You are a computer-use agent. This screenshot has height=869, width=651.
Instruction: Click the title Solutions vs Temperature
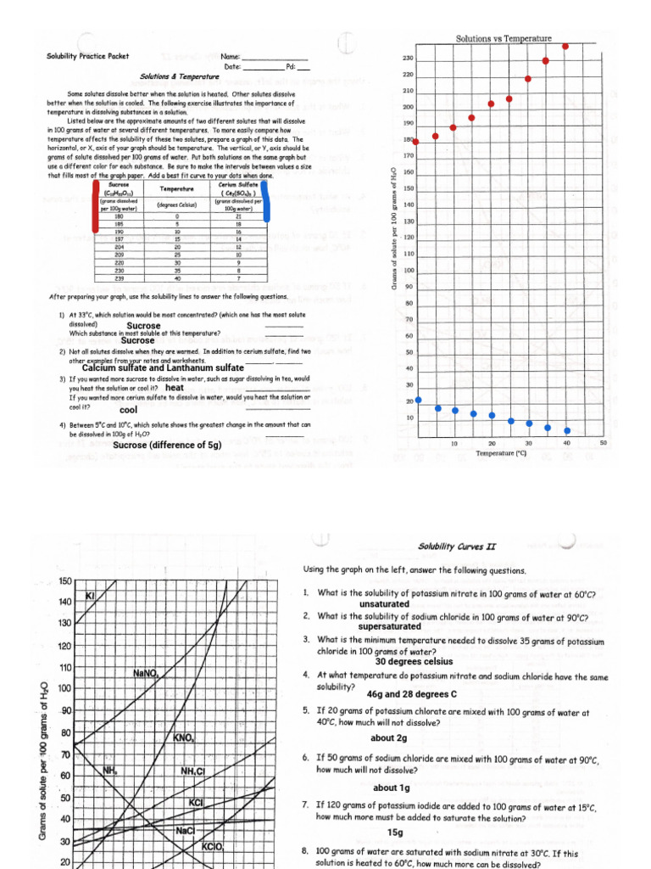[x=504, y=39]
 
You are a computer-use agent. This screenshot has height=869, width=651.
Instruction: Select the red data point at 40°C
[x=565, y=46]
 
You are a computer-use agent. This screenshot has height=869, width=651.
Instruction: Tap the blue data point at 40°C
[x=566, y=429]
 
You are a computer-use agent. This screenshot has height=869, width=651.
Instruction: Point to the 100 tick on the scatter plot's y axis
[x=409, y=271]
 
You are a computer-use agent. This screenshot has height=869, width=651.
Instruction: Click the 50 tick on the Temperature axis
[x=603, y=443]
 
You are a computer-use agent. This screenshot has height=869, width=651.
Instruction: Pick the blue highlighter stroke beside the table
[x=265, y=203]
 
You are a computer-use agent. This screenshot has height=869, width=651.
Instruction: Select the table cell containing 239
[x=119, y=278]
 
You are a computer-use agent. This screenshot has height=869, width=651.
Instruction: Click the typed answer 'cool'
[x=129, y=410]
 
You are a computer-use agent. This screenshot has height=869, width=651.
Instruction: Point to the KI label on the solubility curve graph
[x=90, y=597]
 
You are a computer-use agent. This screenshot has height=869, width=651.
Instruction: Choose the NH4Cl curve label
[x=193, y=771]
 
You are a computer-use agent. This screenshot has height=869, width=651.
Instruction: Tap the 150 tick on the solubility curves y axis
[x=64, y=581]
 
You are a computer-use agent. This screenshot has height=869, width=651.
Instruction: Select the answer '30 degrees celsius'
[x=414, y=661]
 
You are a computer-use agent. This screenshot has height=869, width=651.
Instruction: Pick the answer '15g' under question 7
[x=395, y=832]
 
